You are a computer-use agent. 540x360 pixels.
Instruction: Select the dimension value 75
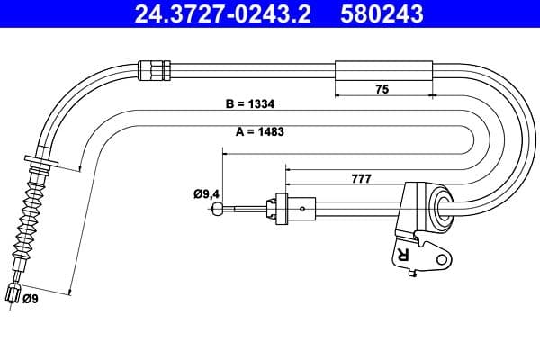coord(382,89)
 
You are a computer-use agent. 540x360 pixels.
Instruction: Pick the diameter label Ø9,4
coord(206,192)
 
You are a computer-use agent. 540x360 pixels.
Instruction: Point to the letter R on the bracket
coord(401,256)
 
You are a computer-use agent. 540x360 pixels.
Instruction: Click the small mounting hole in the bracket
coord(440,261)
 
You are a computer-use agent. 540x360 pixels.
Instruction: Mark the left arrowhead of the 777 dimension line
coord(287,167)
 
